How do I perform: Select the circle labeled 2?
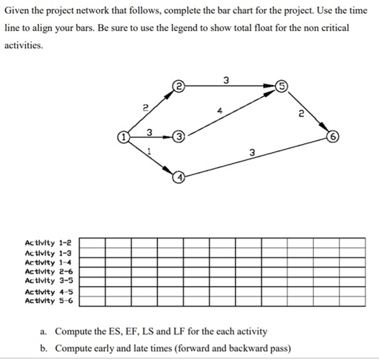[x=179, y=86]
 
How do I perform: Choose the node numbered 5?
[x=282, y=86]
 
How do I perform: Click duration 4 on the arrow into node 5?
[x=220, y=110]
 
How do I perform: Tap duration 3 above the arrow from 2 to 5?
[x=227, y=79]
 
